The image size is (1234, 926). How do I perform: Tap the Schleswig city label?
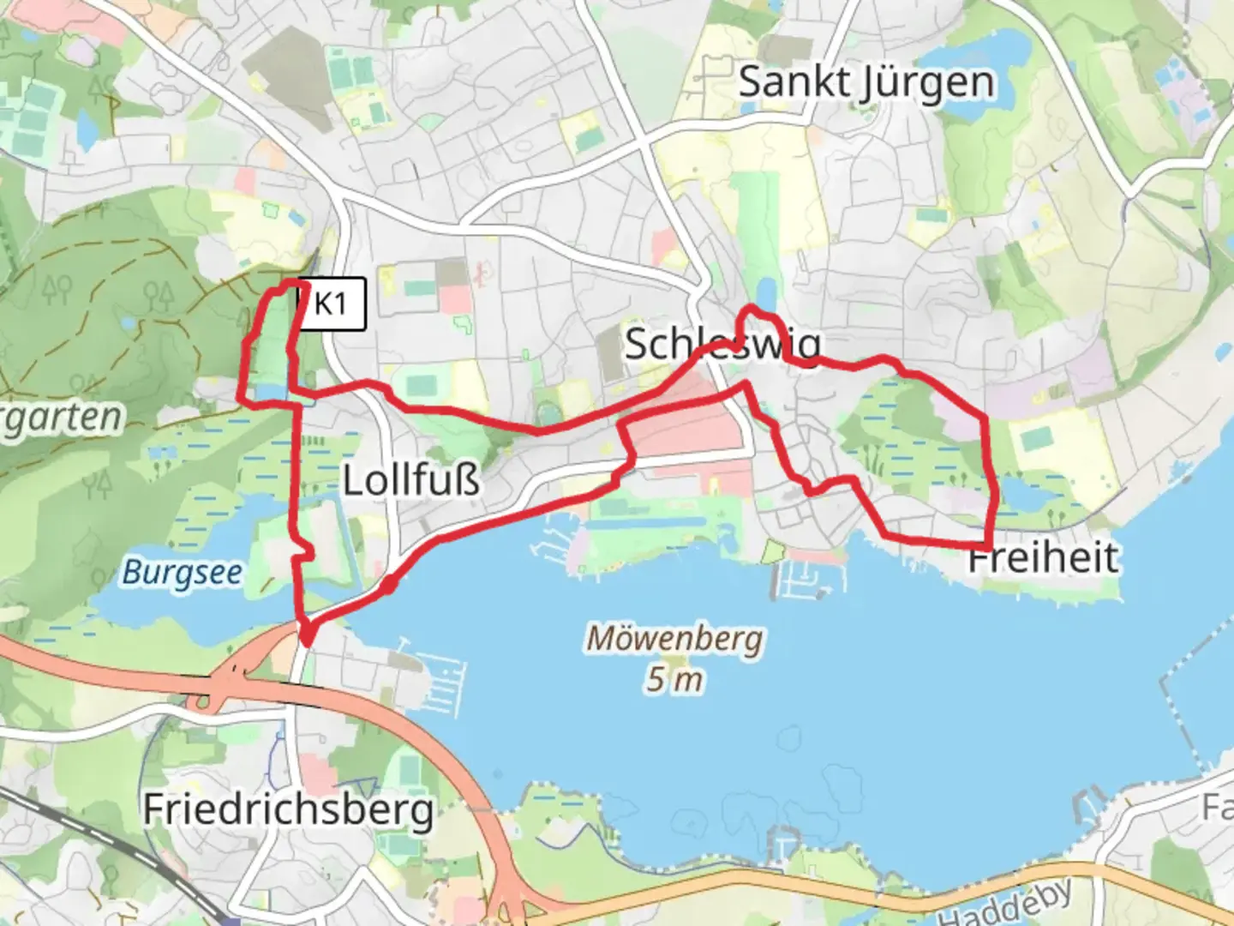(722, 345)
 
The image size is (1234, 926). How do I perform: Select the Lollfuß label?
(411, 480)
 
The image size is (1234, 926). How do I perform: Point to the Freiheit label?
(1044, 557)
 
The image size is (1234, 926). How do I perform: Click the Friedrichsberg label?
(288, 809)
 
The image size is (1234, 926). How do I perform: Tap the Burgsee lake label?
(182, 572)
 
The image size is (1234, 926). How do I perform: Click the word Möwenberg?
(674, 639)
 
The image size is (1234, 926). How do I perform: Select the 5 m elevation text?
(674, 680)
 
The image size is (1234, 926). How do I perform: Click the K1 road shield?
(331, 304)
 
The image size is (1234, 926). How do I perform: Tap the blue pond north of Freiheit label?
(1024, 496)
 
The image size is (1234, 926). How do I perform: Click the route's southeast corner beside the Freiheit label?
(989, 545)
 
